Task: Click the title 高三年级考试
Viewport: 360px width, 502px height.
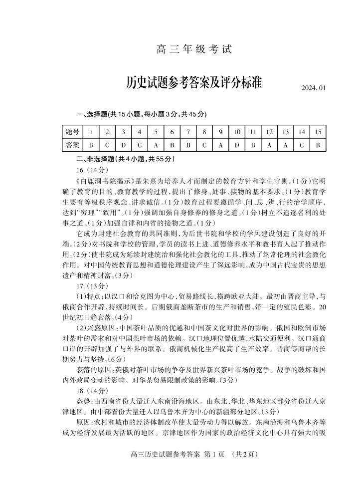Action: click(x=194, y=50)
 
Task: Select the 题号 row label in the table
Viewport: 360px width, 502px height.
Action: click(x=72, y=132)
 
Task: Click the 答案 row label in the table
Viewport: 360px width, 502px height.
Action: click(x=72, y=145)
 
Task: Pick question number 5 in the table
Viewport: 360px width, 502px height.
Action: click(x=156, y=132)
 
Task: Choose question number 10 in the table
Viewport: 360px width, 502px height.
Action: click(x=236, y=132)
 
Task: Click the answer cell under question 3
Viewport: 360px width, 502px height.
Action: click(x=123, y=145)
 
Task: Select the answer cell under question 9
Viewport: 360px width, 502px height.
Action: click(x=220, y=145)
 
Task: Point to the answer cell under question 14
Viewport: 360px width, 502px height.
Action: click(x=301, y=145)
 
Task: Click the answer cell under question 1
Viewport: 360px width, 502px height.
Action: click(x=91, y=145)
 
